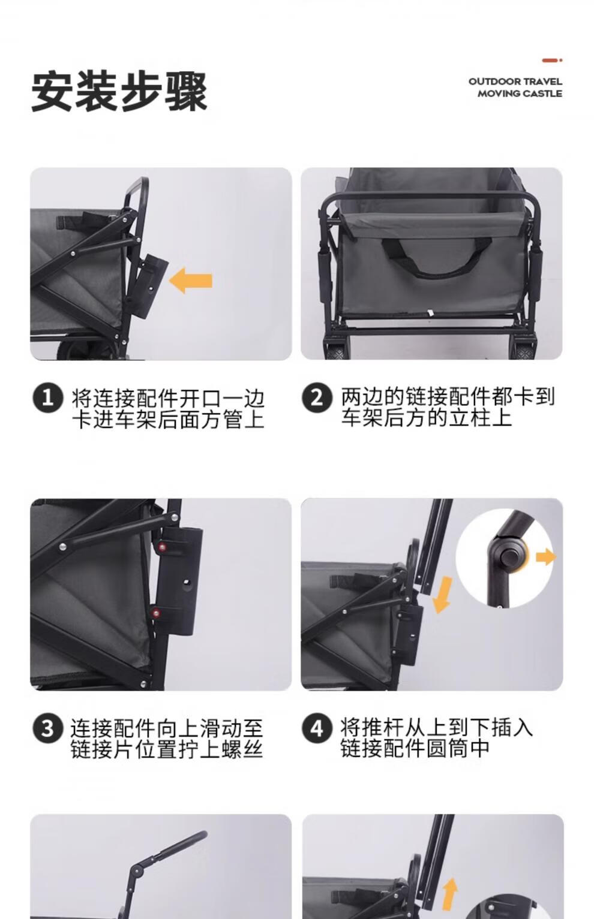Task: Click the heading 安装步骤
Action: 119,92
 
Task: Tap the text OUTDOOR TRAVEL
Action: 515,81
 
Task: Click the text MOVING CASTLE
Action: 520,94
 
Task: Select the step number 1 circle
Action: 47,398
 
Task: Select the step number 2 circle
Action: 316,397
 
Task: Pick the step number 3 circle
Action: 47,729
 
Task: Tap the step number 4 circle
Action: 316,728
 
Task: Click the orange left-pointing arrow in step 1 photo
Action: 191,280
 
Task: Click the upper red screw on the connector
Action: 163,546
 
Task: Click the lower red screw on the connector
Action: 155,612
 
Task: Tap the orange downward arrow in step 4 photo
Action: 442,595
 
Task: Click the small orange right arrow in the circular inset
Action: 545,558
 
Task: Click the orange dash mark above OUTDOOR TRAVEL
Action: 551,61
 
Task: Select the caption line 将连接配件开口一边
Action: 168,398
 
